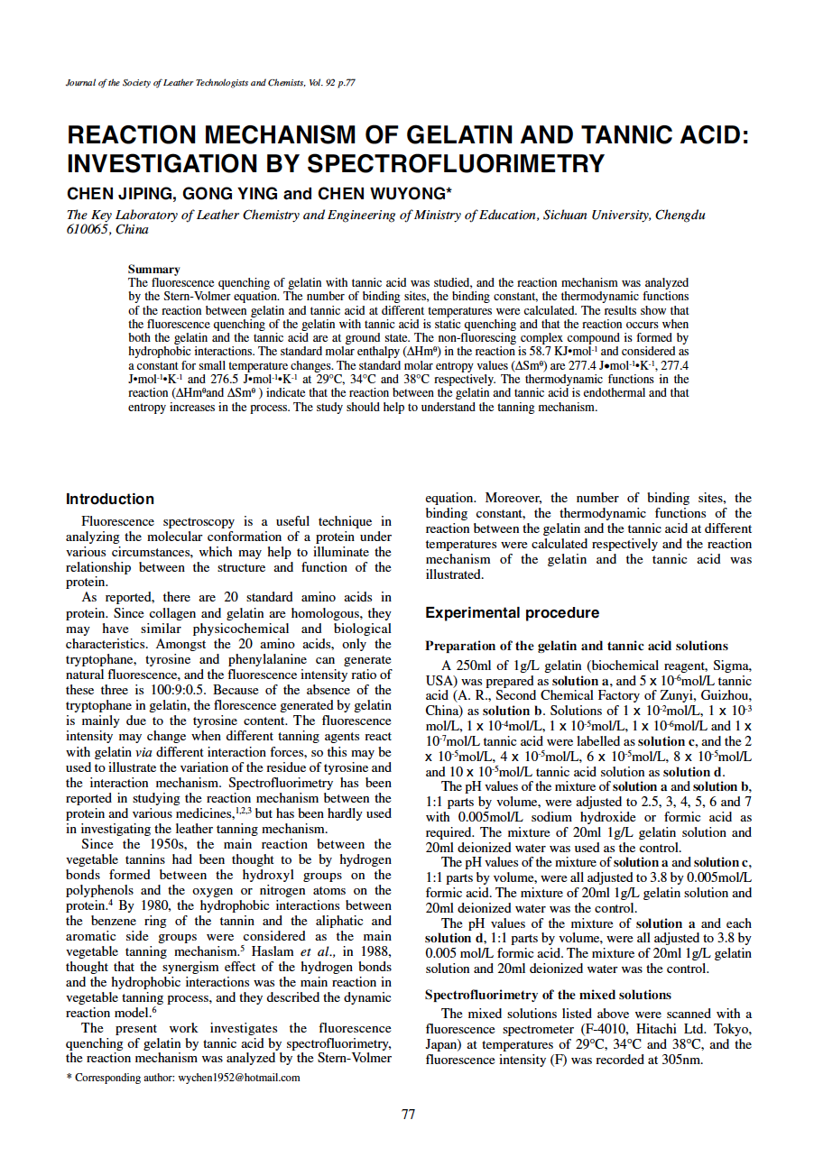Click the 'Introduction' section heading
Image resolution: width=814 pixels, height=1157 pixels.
(x=110, y=499)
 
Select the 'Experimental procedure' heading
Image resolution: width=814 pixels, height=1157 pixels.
(x=512, y=612)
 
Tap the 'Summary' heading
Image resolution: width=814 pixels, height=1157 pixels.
(x=154, y=269)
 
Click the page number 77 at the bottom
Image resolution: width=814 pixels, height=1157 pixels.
(x=408, y=1115)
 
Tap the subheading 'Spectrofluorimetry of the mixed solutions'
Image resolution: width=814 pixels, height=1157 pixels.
(x=548, y=995)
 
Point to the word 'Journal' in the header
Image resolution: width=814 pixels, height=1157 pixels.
(x=81, y=83)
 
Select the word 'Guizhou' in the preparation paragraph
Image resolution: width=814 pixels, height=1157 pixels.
(x=727, y=696)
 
